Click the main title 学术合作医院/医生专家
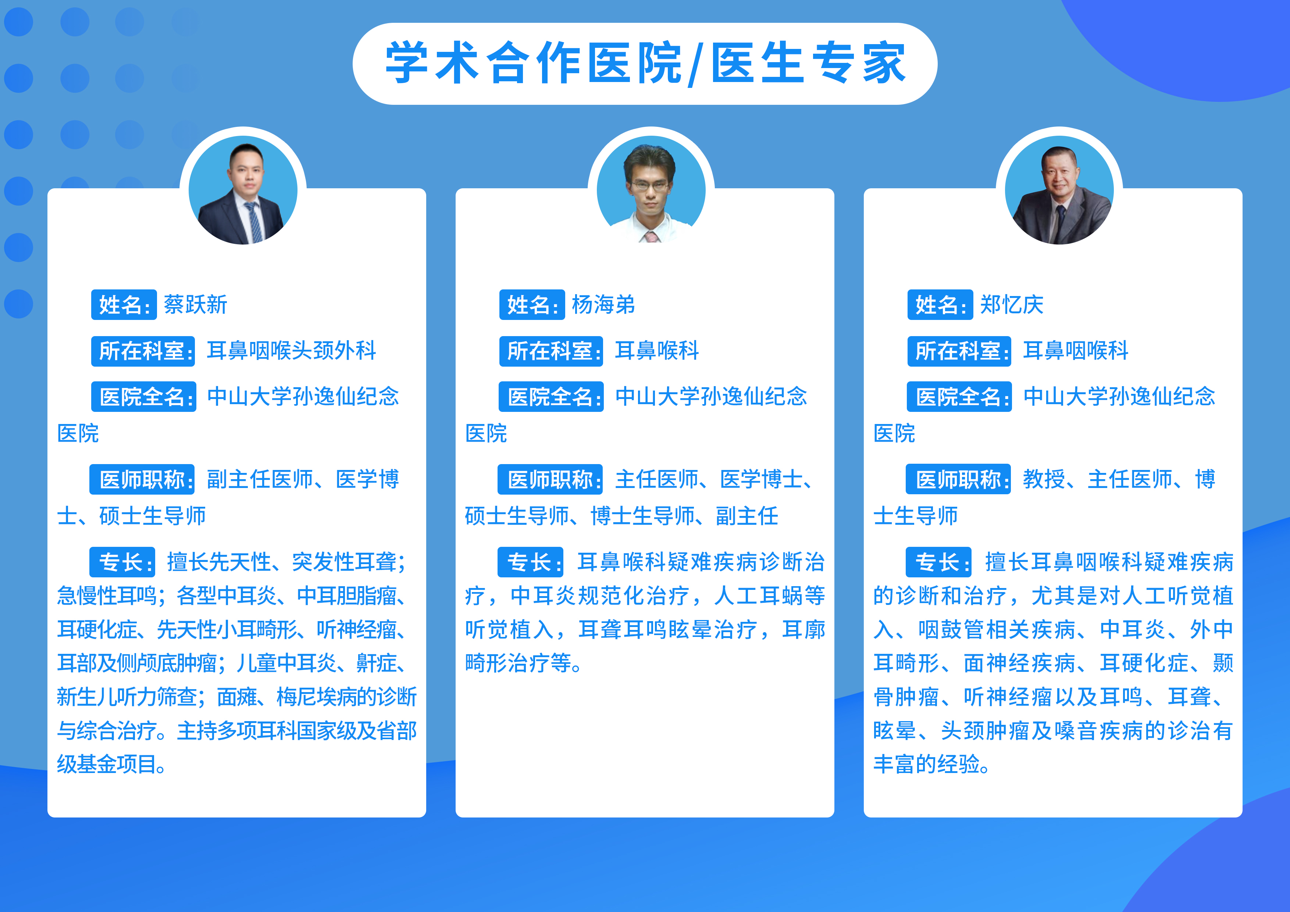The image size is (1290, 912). tap(645, 63)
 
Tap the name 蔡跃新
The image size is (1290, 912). tap(196, 304)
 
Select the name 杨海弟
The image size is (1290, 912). tap(603, 304)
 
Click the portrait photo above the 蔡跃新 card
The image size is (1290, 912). tap(243, 190)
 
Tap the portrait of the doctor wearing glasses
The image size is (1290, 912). tap(651, 190)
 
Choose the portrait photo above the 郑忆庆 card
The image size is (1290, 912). tap(1059, 190)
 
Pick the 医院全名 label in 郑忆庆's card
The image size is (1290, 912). tap(959, 397)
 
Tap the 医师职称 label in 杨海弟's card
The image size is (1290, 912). tap(550, 479)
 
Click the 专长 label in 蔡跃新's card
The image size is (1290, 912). tap(122, 562)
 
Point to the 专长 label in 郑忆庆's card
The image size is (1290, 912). tap(938, 562)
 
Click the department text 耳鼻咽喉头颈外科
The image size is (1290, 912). tap(291, 350)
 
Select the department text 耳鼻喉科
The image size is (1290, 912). tap(657, 350)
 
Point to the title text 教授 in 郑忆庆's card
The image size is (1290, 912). tap(1044, 479)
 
